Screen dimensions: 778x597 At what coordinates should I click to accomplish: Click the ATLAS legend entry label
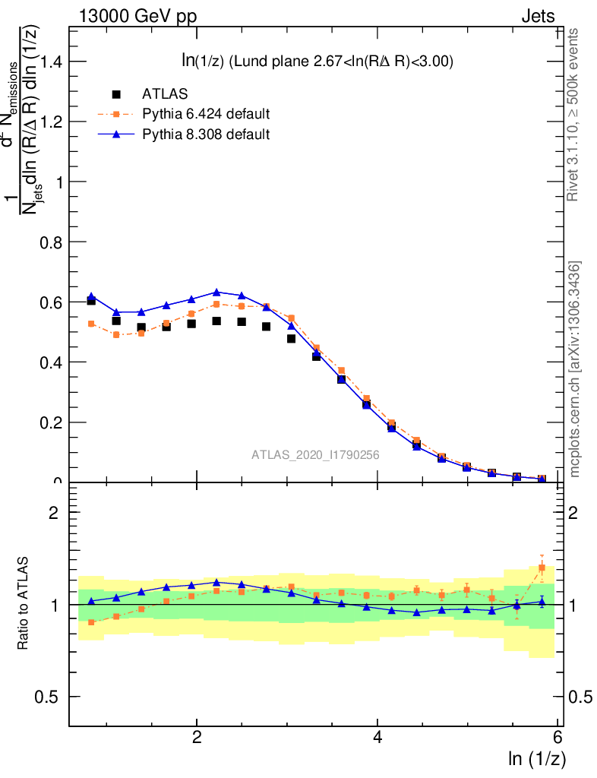coord(165,94)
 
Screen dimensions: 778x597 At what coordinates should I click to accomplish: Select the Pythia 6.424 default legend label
coord(206,114)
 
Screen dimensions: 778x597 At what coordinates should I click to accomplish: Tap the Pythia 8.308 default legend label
coord(206,134)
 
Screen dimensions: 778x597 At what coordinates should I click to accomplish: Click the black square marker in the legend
coord(116,94)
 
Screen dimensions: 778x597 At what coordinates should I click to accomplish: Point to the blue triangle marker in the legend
coord(116,134)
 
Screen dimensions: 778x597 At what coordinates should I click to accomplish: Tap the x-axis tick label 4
coord(377,738)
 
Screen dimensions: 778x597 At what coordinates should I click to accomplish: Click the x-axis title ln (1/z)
coord(536,757)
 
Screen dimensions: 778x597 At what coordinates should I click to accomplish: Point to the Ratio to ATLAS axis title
coord(24,604)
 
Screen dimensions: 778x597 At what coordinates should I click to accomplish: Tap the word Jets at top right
coord(538,16)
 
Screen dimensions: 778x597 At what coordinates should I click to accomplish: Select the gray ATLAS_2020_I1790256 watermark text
coord(316,454)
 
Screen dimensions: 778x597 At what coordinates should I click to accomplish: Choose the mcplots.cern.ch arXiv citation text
coord(575,369)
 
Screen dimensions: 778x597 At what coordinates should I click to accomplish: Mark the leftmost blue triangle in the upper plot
coord(91,296)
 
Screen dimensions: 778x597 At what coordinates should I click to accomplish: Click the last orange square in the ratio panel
coord(542,568)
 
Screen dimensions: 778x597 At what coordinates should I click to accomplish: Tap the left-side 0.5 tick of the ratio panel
coord(52,697)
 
